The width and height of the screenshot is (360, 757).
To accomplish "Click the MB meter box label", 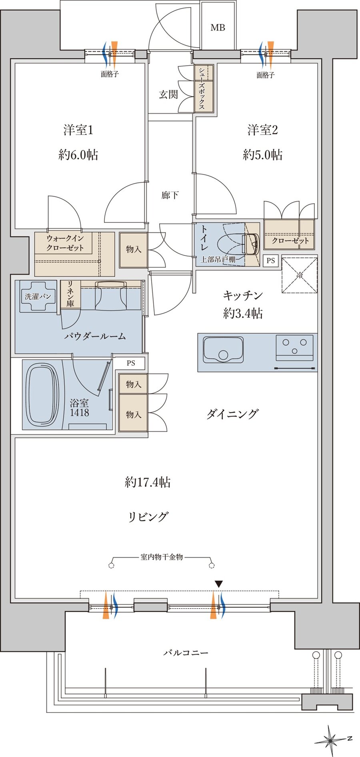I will [218, 28].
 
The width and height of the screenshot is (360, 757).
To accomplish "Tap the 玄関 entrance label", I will [168, 94].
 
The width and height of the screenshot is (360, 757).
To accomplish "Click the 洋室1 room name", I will [78, 130].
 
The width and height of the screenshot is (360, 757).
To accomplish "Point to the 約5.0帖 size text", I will [262, 155].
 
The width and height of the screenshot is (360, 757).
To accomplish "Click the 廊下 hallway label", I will [170, 195].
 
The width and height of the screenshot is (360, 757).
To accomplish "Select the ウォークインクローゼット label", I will [65, 243].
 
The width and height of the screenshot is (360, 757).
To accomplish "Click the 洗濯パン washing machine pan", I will [38, 296].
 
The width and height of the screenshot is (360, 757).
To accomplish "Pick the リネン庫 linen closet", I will [70, 294].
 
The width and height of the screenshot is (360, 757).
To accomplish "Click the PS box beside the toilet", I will [271, 260].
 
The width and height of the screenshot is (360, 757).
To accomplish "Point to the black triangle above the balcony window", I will [218, 584].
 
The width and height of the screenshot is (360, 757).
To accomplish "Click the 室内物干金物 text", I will [162, 557].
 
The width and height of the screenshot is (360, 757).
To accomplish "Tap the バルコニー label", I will [186, 653].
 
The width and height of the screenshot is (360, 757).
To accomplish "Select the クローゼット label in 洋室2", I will [290, 240].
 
